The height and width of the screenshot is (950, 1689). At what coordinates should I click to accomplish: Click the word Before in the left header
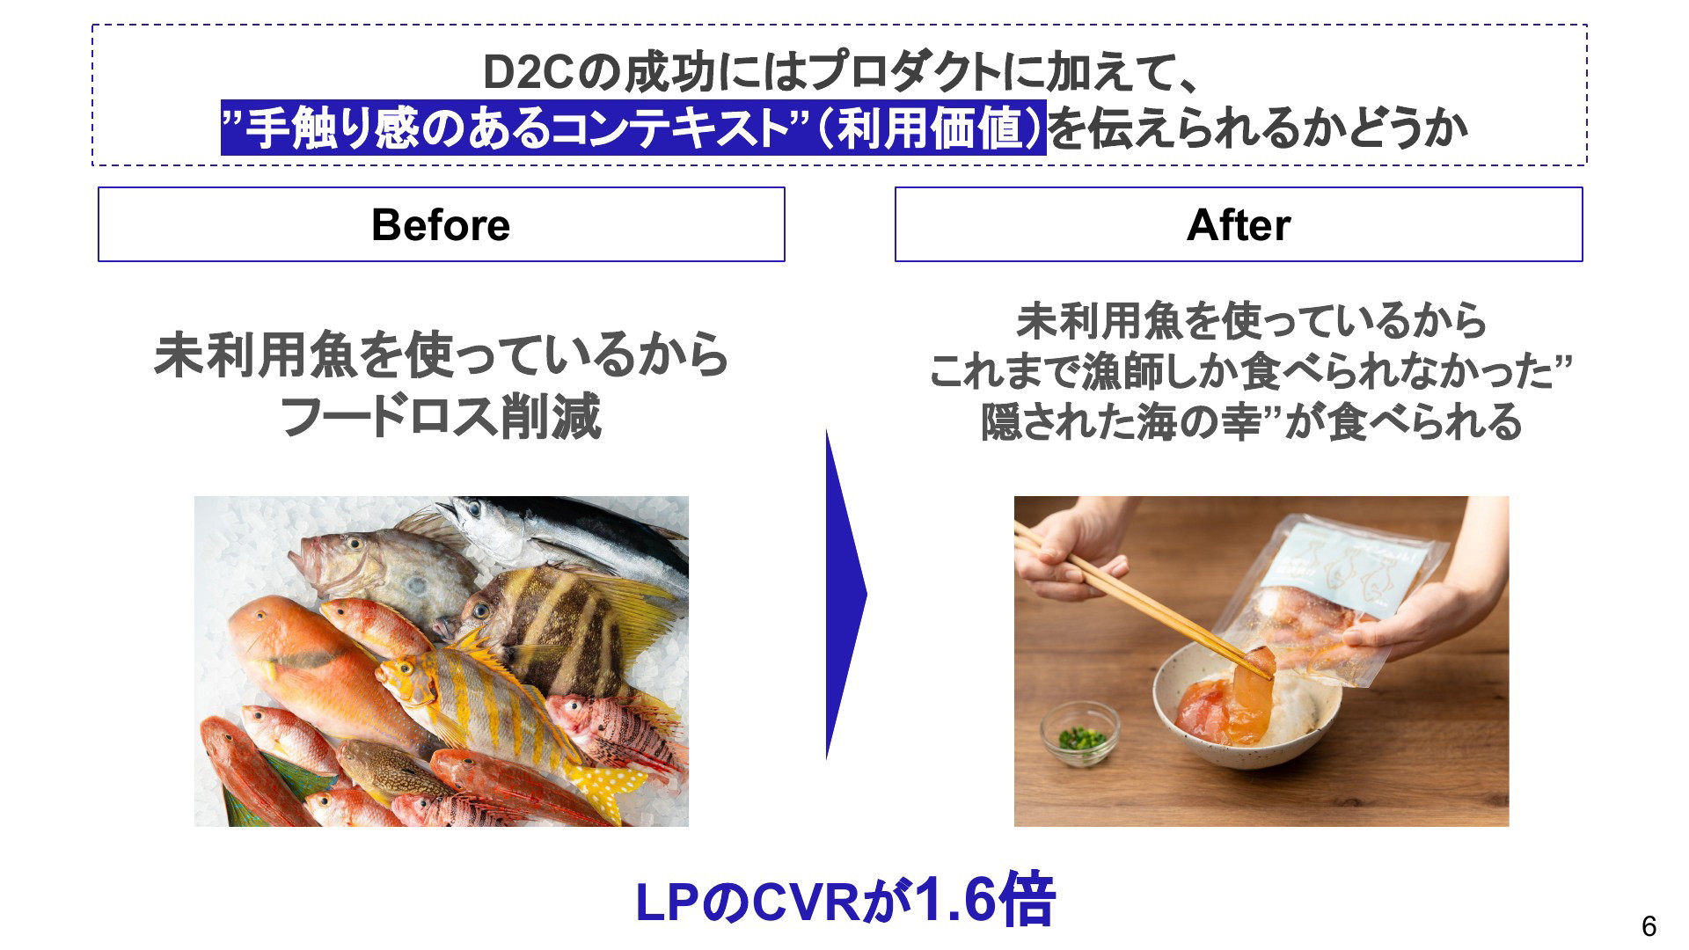[x=441, y=225]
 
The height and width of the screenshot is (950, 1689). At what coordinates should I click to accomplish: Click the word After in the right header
[x=1239, y=225]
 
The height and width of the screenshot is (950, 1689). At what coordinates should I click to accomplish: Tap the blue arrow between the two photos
[x=845, y=595]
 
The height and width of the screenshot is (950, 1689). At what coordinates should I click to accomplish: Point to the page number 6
[x=1649, y=926]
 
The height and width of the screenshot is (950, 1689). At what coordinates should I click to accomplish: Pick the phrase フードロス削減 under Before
[x=441, y=417]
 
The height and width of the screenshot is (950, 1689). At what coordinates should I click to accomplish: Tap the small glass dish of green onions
[x=1080, y=734]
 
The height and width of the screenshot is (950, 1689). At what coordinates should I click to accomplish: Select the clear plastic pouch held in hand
[x=1328, y=598]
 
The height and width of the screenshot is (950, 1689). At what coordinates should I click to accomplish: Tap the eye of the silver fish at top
[x=476, y=508]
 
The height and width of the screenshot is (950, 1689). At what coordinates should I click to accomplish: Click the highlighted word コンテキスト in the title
[x=672, y=128]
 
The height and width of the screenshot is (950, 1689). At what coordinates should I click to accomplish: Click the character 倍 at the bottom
[x=1026, y=900]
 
